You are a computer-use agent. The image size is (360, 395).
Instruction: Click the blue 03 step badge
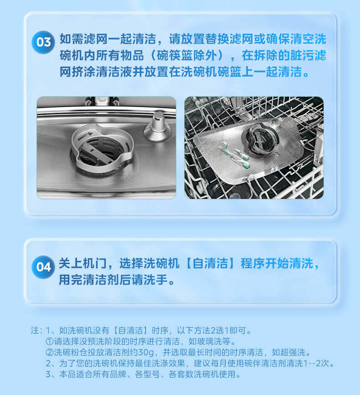[x=43, y=42]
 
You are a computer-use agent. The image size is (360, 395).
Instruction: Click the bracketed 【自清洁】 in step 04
[x=211, y=264]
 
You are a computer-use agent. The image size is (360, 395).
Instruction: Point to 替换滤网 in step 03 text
[x=233, y=39]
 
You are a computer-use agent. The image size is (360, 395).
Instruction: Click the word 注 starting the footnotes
[x=35, y=330]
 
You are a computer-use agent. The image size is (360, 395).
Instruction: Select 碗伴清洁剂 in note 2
[x=256, y=364]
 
